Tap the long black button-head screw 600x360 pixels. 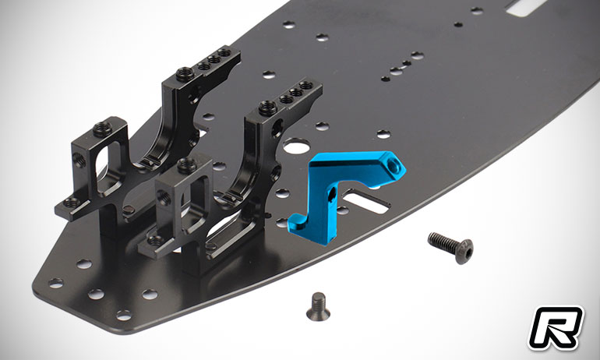point(450,245)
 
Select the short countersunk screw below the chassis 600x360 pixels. point(319,305)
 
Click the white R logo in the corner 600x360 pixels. point(556,327)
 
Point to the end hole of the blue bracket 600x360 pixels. point(392,165)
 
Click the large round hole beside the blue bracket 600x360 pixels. point(297,146)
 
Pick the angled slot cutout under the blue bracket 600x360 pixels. point(365,200)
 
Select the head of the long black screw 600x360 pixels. point(464,252)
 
